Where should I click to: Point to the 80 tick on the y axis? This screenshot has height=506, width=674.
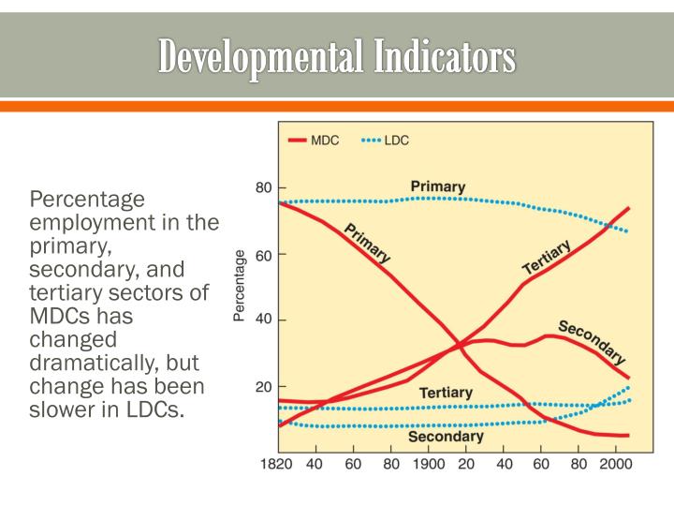tap(264, 187)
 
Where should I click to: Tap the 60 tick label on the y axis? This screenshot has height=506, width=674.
tap(264, 255)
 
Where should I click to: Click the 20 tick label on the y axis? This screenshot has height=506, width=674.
tap(264, 386)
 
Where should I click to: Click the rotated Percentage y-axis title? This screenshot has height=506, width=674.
tap(240, 286)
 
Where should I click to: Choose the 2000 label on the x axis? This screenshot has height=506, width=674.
tap(615, 464)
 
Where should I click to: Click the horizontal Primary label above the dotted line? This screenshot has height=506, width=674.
tap(437, 186)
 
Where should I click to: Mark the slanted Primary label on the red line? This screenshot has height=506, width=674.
tap(367, 243)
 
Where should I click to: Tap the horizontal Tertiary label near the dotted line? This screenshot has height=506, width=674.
tap(445, 392)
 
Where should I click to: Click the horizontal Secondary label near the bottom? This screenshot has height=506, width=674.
tap(446, 436)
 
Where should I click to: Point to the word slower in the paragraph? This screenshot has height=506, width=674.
tap(65, 409)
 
